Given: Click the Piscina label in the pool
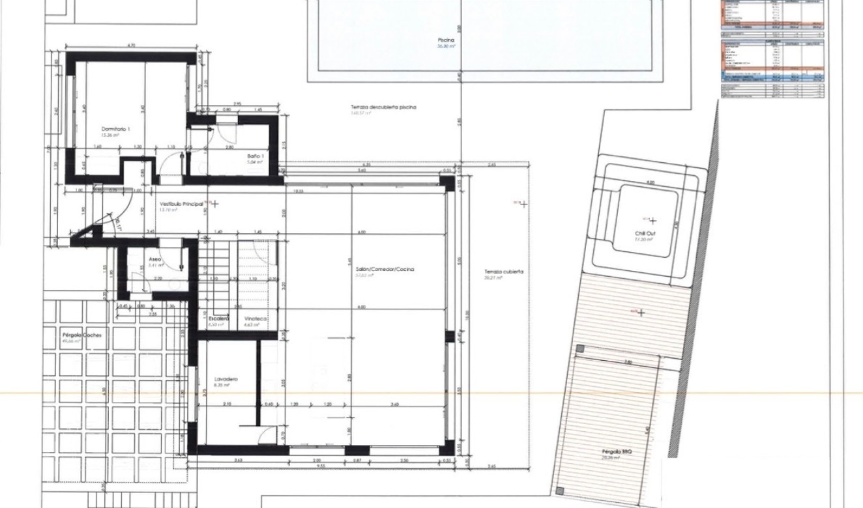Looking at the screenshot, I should point(446,40).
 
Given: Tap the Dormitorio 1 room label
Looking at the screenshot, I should point(115,129).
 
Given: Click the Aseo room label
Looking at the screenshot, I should point(154,259).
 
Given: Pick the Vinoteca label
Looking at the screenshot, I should point(254,318).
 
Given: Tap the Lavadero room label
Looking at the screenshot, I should point(226,378).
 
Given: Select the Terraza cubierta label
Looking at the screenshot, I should point(504,272).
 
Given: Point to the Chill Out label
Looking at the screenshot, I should point(645,233).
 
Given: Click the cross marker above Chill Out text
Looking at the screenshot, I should point(652,221).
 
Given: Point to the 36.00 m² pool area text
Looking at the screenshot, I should point(446,47).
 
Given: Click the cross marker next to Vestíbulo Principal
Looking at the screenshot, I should point(215,204).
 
